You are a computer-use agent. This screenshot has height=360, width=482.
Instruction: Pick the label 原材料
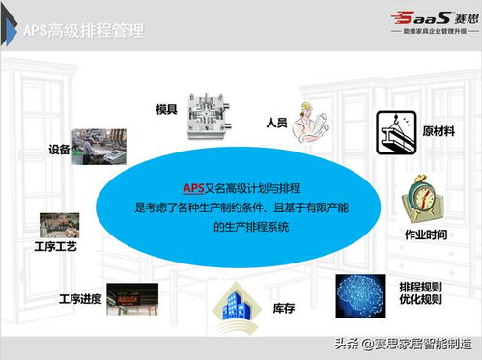coord(439,130)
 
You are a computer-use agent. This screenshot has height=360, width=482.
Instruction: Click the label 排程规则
coord(421,285)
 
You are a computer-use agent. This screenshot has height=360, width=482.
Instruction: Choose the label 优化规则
coord(421,299)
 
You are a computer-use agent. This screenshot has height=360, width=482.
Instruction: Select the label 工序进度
coord(79,298)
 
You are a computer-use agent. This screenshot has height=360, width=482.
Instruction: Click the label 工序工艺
coord(54,247)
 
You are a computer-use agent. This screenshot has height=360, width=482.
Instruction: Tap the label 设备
coord(58,150)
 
